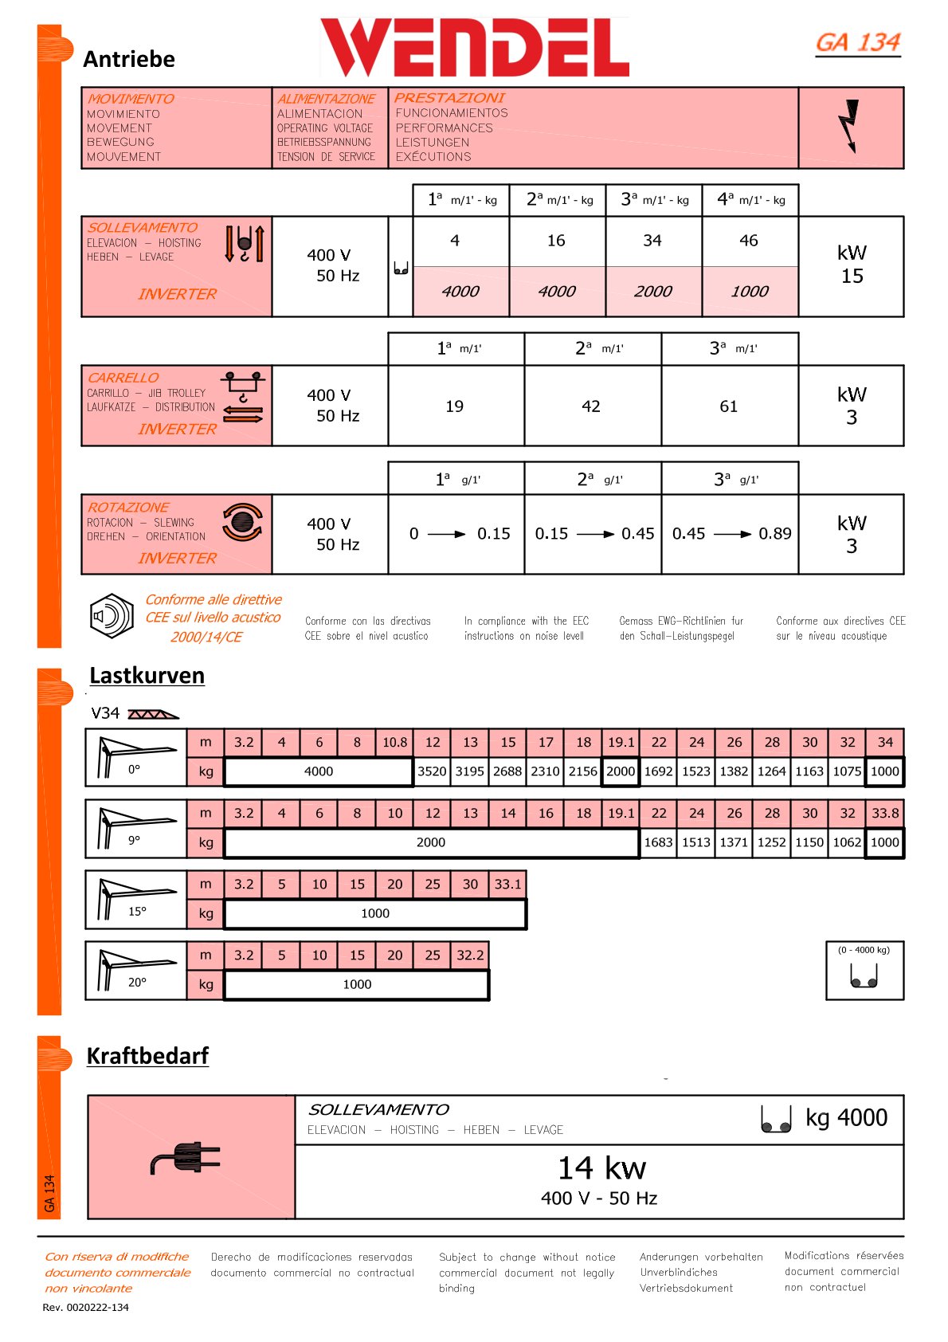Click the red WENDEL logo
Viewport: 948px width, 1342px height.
[x=475, y=47]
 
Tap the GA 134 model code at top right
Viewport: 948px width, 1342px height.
[x=858, y=42]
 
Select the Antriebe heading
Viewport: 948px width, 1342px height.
[x=129, y=59]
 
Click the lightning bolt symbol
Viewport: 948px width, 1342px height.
[x=851, y=126]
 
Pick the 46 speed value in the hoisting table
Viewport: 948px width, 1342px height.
[x=749, y=241]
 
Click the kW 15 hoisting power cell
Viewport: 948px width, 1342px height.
[x=852, y=265]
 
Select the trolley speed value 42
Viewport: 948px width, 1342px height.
[x=591, y=406]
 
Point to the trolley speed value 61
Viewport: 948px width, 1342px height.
[x=729, y=406]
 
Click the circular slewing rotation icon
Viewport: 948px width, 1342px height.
[x=242, y=522]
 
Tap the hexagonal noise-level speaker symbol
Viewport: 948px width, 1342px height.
[x=112, y=616]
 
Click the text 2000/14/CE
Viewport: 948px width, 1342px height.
[x=206, y=637]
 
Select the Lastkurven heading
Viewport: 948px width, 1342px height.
[x=147, y=676]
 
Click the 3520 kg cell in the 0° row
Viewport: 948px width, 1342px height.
[x=432, y=771]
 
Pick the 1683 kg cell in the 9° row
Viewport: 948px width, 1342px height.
[x=658, y=842]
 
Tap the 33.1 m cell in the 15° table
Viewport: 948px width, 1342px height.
[x=507, y=885]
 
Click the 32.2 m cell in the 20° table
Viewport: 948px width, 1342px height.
[x=470, y=955]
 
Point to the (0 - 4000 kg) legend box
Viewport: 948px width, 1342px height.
[x=864, y=970]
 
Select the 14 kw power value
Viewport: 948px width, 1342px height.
[x=601, y=1168]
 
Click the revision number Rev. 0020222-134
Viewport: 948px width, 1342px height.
[x=85, y=1307]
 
